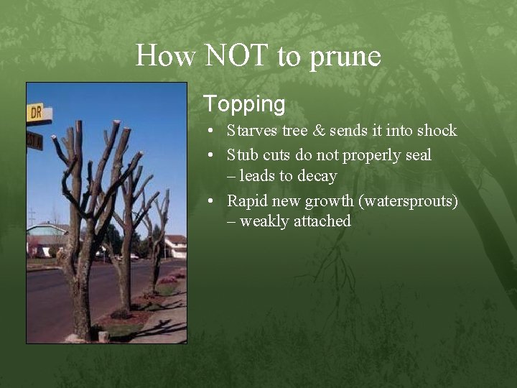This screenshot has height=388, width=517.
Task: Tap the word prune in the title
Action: (345, 57)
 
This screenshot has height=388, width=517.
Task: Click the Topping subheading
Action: (244, 104)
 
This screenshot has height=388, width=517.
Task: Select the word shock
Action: (434, 131)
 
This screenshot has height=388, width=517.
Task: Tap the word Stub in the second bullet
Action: (241, 154)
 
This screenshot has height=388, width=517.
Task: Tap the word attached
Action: (323, 221)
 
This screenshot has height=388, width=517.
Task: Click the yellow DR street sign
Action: (36, 112)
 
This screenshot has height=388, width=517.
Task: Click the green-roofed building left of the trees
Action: (45, 237)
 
